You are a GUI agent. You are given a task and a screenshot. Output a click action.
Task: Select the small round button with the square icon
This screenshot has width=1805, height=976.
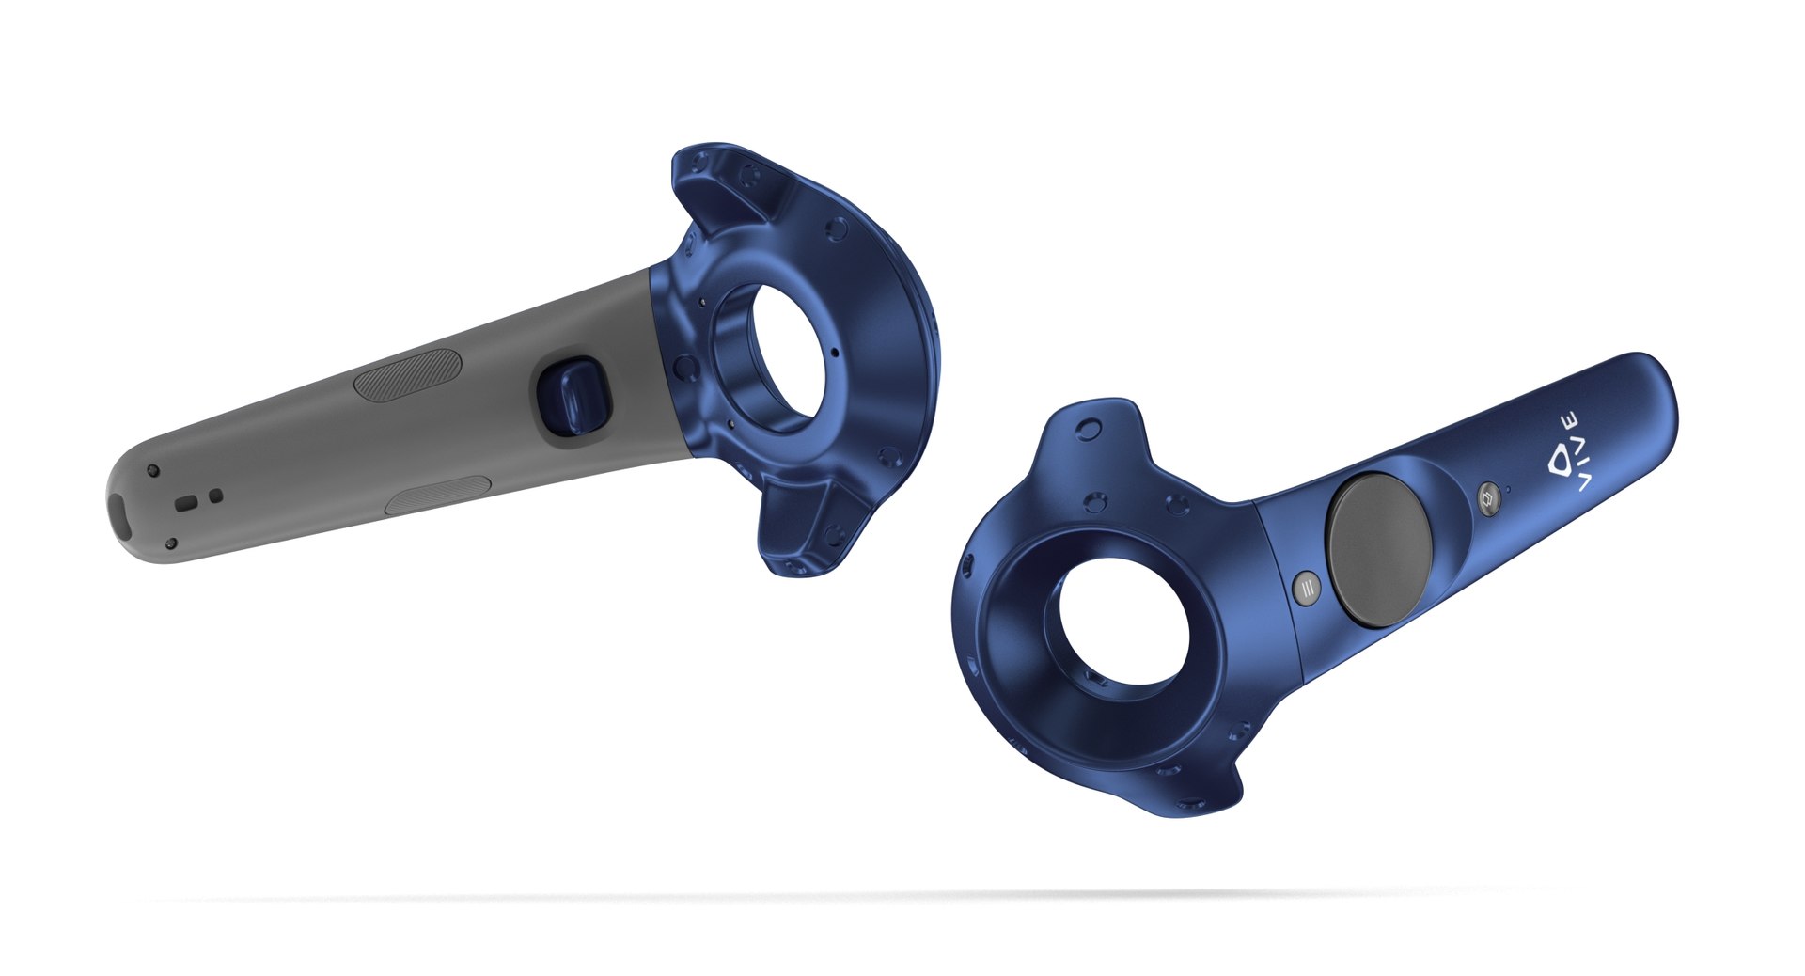(1487, 498)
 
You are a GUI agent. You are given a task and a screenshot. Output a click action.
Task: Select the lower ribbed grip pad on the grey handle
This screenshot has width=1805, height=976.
(438, 495)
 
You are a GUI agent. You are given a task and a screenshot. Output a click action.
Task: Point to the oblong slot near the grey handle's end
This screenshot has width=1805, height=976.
(187, 503)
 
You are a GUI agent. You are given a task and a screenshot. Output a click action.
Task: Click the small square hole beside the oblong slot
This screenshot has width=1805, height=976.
(215, 495)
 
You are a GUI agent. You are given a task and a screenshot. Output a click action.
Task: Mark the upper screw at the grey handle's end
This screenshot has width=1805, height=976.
(152, 470)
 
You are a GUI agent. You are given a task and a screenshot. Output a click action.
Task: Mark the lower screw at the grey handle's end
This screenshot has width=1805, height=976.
(171, 543)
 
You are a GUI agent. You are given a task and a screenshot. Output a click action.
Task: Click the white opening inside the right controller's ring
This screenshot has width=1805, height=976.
(1123, 621)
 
